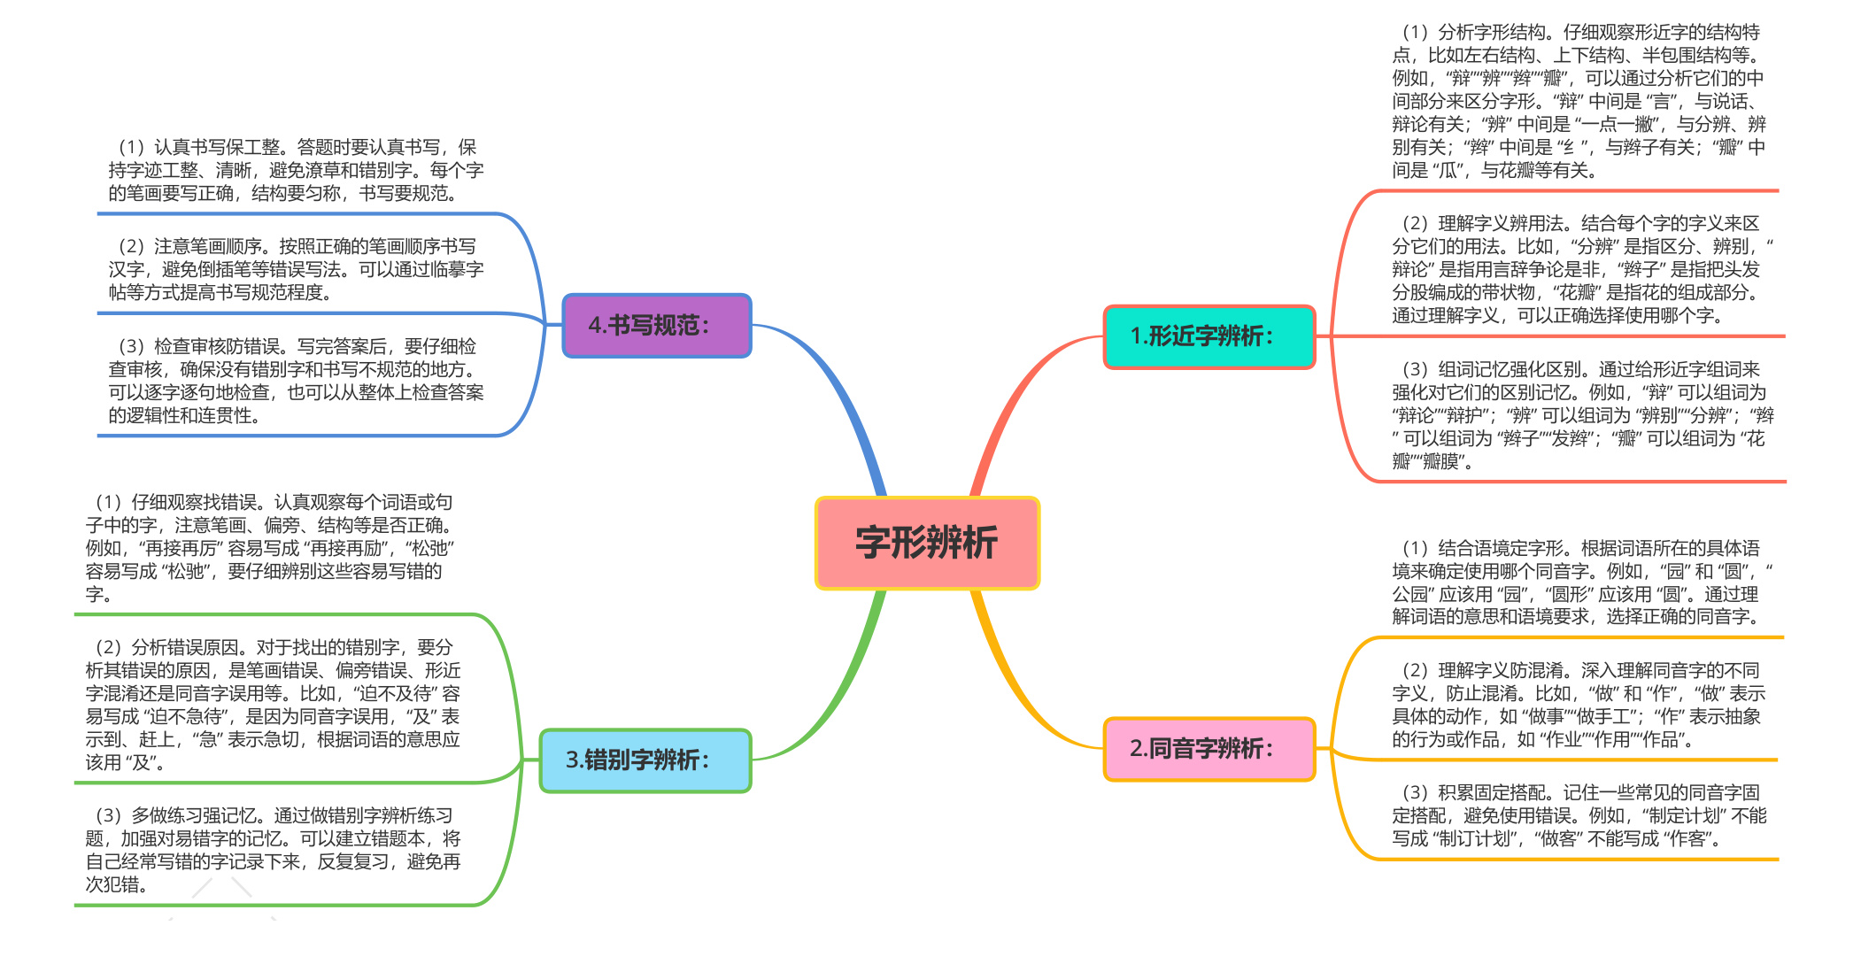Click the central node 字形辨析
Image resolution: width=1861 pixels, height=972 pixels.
(927, 543)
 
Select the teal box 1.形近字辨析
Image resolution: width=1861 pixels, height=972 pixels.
(1209, 336)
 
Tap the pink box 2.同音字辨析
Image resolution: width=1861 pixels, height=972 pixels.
(1209, 749)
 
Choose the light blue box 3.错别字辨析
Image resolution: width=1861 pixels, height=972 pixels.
(645, 760)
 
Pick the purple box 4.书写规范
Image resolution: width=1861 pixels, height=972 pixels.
(657, 326)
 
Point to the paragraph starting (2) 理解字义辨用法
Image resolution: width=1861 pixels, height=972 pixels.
(1582, 269)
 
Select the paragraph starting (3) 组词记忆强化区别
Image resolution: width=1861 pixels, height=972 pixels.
(1582, 415)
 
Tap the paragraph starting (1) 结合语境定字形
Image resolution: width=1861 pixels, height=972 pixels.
(1582, 582)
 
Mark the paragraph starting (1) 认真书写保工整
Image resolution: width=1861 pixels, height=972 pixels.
(296, 170)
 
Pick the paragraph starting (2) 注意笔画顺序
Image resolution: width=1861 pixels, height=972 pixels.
(296, 269)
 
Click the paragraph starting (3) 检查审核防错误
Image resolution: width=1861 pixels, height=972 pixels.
(296, 381)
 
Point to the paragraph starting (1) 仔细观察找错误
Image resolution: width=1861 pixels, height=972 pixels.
(270, 548)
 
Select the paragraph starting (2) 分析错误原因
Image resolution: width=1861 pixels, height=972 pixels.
(273, 705)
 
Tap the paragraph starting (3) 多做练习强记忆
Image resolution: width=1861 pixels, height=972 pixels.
(273, 850)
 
